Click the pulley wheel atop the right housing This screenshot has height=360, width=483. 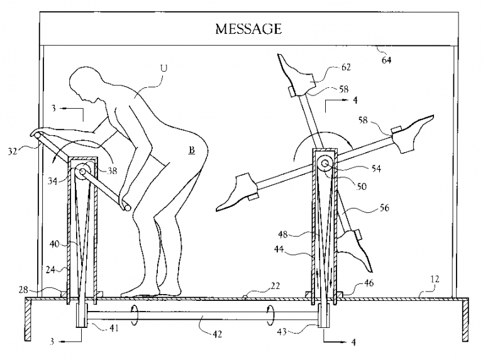[325, 165]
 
